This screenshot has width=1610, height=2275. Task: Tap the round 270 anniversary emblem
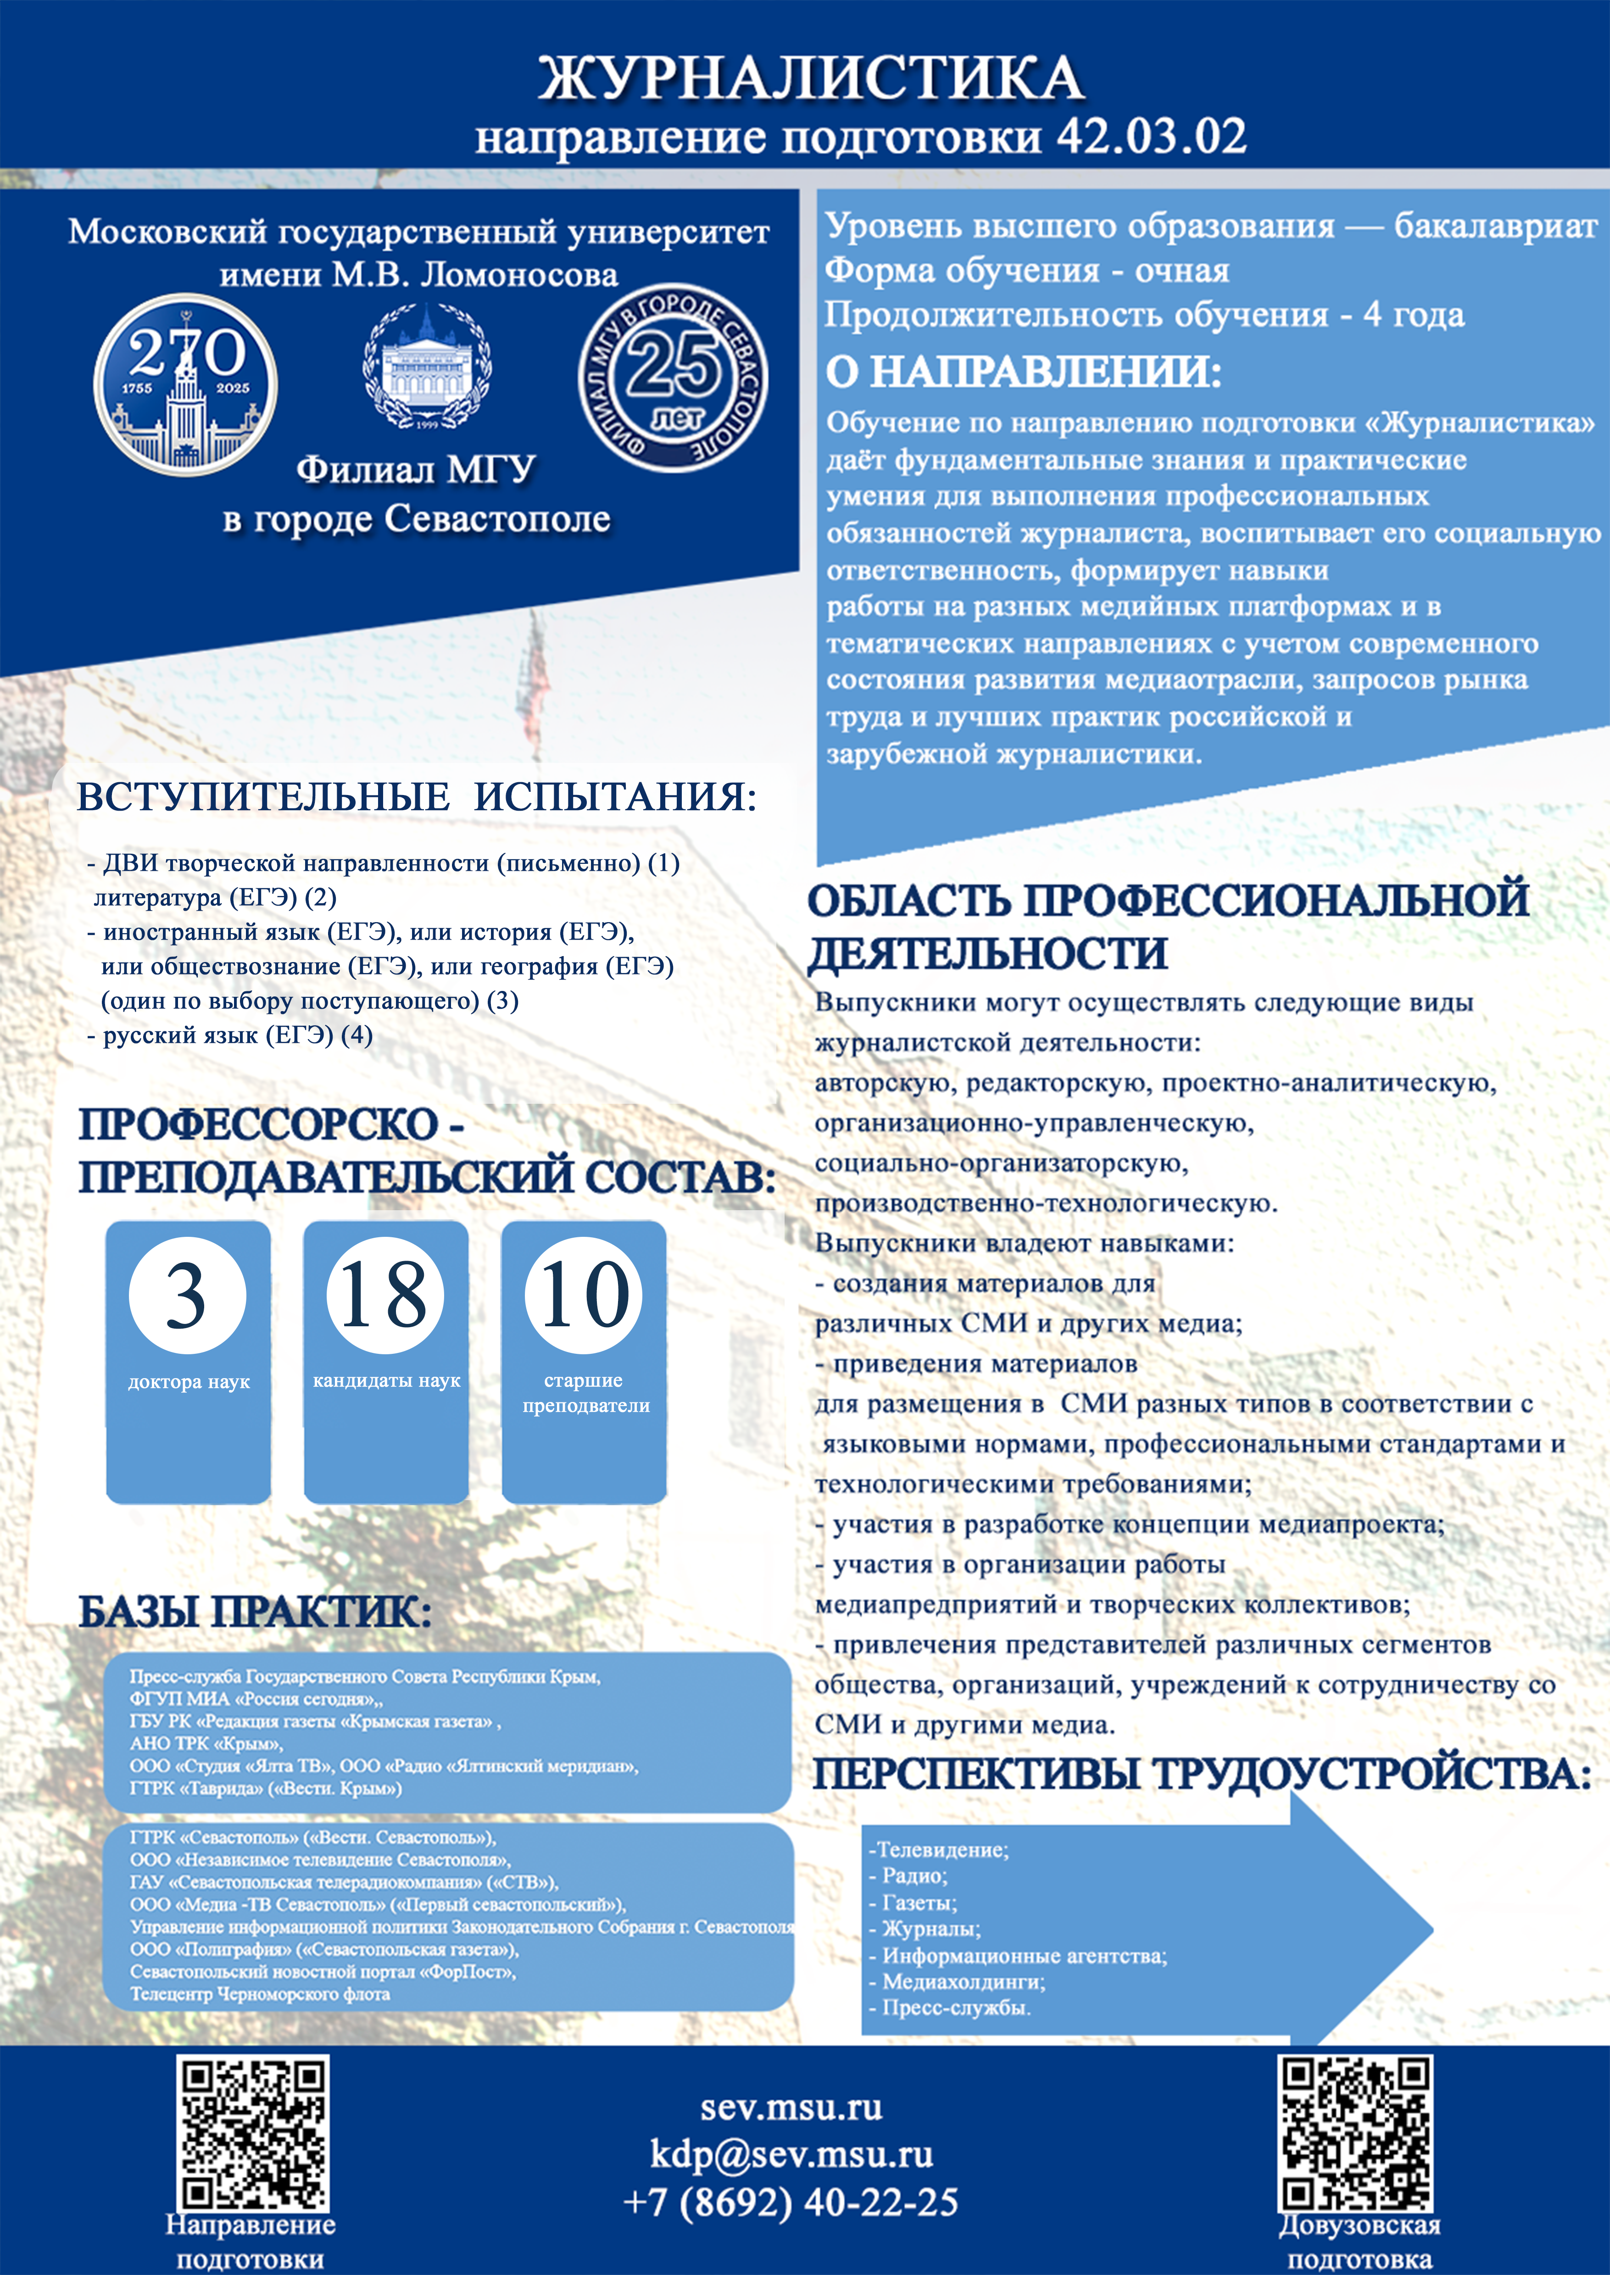(185, 384)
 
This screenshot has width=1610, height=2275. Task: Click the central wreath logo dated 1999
(427, 367)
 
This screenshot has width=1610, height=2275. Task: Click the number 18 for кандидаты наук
(384, 1295)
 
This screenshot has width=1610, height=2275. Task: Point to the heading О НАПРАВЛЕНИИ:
(1023, 372)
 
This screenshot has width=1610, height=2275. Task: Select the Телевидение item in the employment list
(940, 1850)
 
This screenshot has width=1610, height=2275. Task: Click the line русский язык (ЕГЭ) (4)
(230, 1036)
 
